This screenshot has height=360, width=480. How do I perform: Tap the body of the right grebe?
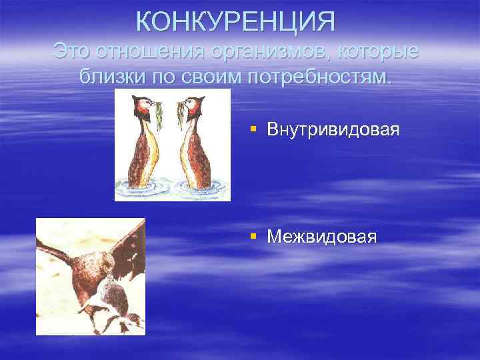click(x=197, y=157)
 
